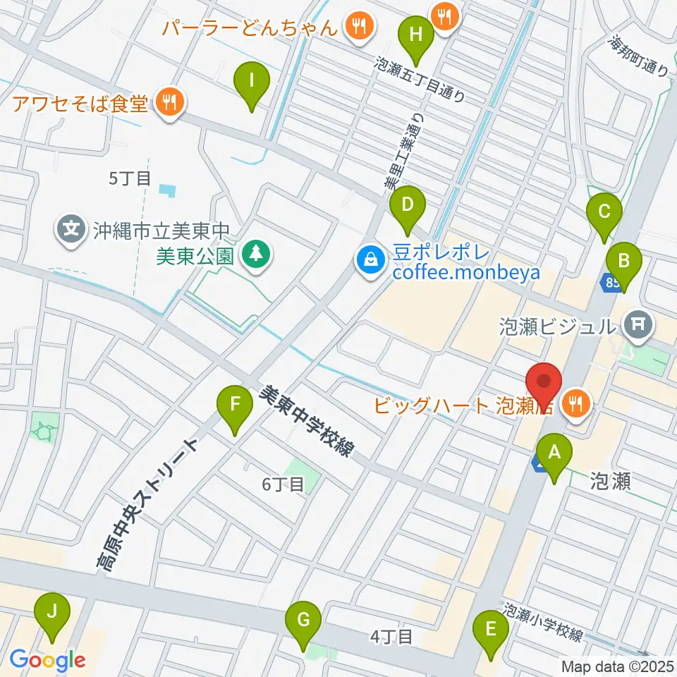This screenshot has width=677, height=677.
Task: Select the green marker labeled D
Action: coord(407,205)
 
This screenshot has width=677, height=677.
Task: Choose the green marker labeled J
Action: coord(52,612)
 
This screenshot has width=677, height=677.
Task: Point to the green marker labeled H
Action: coord(416,34)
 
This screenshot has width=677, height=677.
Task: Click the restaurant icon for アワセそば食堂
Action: coord(169,104)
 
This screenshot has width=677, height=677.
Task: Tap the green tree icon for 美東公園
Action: coord(255,254)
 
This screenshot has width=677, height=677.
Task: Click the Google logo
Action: coord(48,660)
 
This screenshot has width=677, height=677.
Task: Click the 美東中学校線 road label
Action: coord(308,422)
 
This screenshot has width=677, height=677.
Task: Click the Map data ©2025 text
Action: coord(617,666)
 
